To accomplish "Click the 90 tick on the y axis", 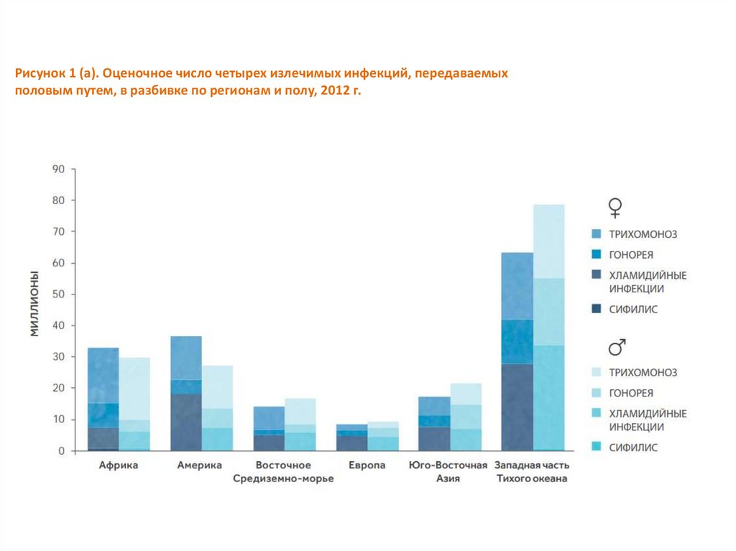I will tap(57, 170).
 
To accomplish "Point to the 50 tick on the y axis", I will tap(57, 295).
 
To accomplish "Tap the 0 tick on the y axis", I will tap(61, 451).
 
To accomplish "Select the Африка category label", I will tap(119, 466).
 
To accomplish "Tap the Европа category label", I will tap(367, 466).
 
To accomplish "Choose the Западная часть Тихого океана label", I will tap(532, 472).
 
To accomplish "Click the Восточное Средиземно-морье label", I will tap(283, 472).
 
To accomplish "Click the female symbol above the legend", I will tap(615, 208).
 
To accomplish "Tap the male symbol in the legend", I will tap(616, 348).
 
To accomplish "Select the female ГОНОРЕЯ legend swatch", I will tap(596, 255).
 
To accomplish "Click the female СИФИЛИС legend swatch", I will tap(596, 310).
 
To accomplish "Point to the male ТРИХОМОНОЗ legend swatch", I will tap(596, 372).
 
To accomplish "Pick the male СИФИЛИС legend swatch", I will tap(596, 447).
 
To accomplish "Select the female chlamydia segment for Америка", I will tap(186, 422).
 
